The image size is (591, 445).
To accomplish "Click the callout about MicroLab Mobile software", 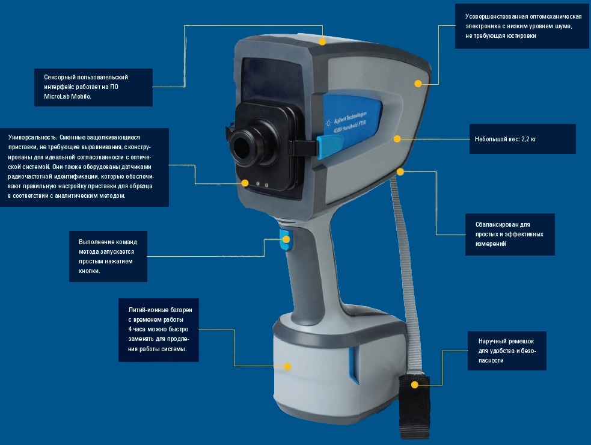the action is (93, 87).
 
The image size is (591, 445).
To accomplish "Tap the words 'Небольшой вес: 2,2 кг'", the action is (506, 139).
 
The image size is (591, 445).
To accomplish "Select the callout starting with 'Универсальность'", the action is (84, 167).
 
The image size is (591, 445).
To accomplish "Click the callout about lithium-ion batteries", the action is (159, 330).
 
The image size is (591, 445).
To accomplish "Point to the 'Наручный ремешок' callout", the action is (507, 351).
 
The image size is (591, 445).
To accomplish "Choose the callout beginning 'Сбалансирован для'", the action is (510, 235).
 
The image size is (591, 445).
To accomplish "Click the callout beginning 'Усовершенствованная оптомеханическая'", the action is (522, 26).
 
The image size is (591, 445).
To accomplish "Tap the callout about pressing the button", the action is (108, 256).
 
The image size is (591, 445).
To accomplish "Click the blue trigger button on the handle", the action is (286, 240).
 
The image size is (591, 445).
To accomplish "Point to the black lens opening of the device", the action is (240, 146).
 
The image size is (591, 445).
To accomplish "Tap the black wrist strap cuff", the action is (414, 407).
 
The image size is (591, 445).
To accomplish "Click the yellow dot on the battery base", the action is (287, 366).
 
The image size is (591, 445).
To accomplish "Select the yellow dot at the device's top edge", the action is (322, 41).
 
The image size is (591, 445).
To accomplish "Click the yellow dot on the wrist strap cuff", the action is (415, 385).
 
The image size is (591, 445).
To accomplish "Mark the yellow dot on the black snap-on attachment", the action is (245, 183).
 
